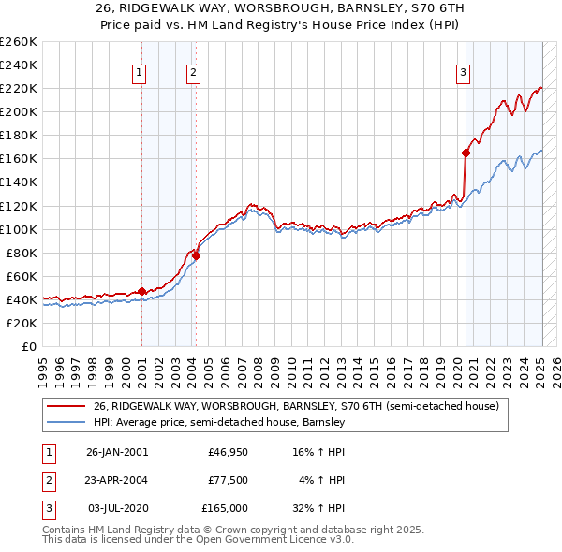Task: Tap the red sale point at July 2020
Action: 466,153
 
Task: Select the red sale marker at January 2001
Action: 141,291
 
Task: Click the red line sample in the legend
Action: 66,406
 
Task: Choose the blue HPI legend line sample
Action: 66,422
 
